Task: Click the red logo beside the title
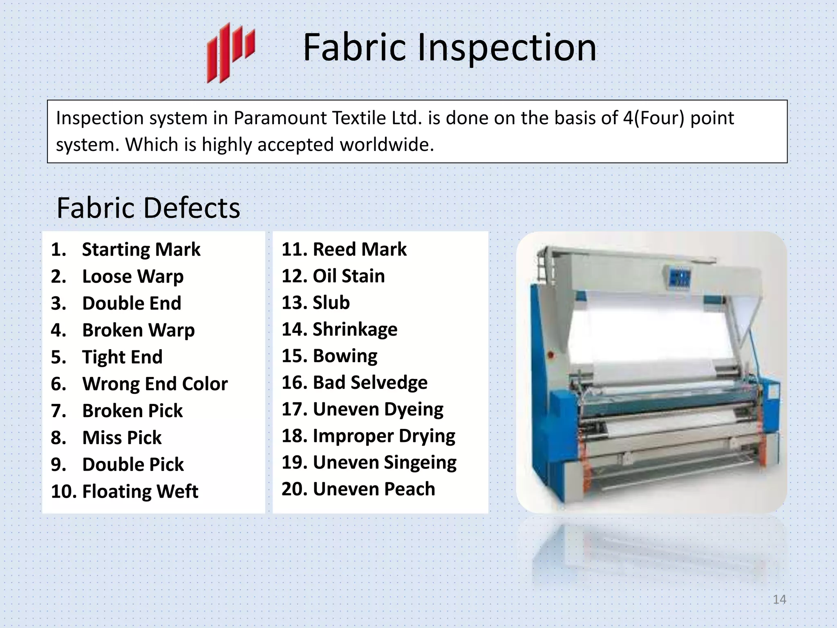click(x=231, y=52)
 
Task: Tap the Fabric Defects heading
click(x=148, y=208)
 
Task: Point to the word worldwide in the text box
click(x=386, y=145)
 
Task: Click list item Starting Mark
click(x=141, y=249)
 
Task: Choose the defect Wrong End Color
click(x=154, y=384)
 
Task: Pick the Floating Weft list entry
click(x=140, y=491)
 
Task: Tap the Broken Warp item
click(x=138, y=330)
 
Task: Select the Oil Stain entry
click(x=349, y=276)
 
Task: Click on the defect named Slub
click(x=331, y=303)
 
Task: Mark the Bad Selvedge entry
click(x=370, y=383)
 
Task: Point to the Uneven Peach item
click(x=374, y=489)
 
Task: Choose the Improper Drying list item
click(x=384, y=436)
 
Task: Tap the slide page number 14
click(x=779, y=599)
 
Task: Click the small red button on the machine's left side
click(x=551, y=355)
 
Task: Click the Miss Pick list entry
click(x=122, y=438)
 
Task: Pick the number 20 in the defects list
click(x=294, y=489)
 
